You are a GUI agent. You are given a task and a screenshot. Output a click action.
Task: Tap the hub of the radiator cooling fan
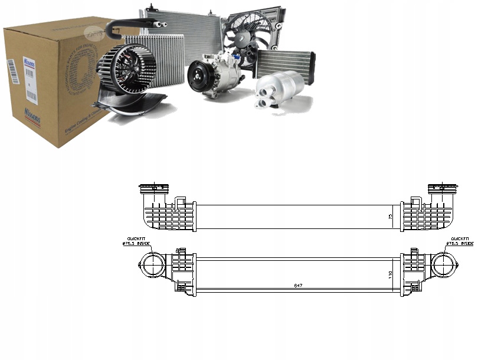click(242, 37)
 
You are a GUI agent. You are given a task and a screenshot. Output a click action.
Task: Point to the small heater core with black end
click(284, 63)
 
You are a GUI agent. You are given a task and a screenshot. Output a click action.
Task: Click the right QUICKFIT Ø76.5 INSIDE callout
click(460, 241)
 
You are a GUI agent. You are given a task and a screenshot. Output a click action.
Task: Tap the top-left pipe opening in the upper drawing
click(153, 189)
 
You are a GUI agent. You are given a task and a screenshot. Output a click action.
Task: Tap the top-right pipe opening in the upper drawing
click(442, 189)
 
